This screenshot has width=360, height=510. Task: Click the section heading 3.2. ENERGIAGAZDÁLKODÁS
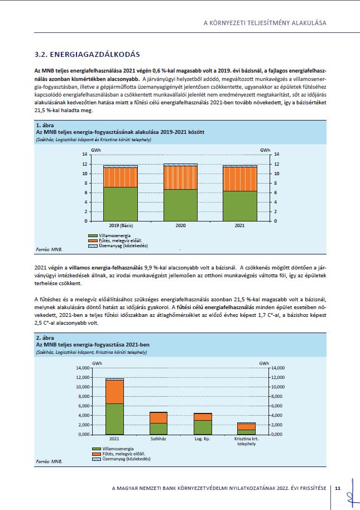pyautogui.click(x=87, y=54)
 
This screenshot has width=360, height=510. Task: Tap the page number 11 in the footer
pyautogui.click(x=338, y=488)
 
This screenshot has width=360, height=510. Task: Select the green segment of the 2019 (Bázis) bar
pyautogui.click(x=121, y=204)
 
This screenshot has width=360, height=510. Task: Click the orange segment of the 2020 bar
pyautogui.click(x=180, y=178)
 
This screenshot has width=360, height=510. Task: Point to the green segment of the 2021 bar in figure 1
pyautogui.click(x=239, y=206)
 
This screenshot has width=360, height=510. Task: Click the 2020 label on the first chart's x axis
pyautogui.click(x=180, y=225)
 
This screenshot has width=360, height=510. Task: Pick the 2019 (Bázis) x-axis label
pyautogui.click(x=121, y=225)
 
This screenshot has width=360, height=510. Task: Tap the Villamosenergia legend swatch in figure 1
pyautogui.click(x=93, y=235)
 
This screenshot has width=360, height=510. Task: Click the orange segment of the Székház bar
pyautogui.click(x=159, y=418)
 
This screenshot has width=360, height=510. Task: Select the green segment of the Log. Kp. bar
pyautogui.click(x=203, y=427)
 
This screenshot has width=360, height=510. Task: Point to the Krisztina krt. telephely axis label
pyautogui.click(x=247, y=441)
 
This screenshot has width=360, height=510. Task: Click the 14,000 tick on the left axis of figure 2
pyautogui.click(x=83, y=368)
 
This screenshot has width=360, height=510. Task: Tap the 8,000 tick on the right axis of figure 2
pyautogui.click(x=278, y=397)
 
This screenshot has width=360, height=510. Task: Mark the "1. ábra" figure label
pyautogui.click(x=45, y=125)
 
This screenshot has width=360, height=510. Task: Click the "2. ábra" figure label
pyautogui.click(x=45, y=338)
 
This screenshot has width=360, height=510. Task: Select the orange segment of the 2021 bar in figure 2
pyautogui.click(x=114, y=392)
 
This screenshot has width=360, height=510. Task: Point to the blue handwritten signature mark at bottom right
pyautogui.click(x=352, y=494)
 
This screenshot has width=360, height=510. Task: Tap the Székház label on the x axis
pyautogui.click(x=159, y=439)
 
